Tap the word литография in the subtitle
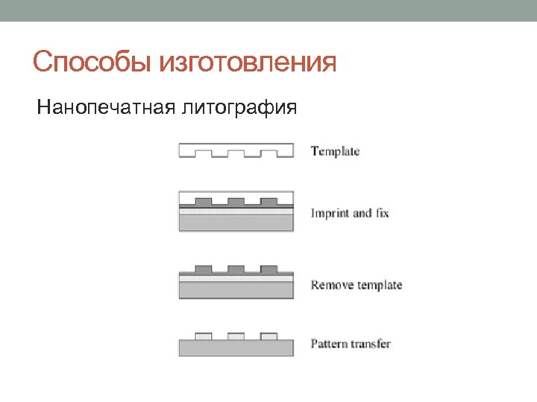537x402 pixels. tap(238, 109)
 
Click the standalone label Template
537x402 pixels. tap(335, 152)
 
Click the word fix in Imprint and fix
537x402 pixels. tap(382, 214)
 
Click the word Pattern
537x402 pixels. tap(329, 344)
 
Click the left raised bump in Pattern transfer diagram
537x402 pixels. tap(203, 336)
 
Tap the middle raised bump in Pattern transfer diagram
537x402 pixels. tap(236, 336)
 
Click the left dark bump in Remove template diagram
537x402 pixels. tap(203, 269)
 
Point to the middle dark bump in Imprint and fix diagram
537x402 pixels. tap(236, 201)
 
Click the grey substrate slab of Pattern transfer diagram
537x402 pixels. tap(236, 348)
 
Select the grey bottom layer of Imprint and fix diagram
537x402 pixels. tap(236, 223)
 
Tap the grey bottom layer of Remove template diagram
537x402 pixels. tap(236, 290)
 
